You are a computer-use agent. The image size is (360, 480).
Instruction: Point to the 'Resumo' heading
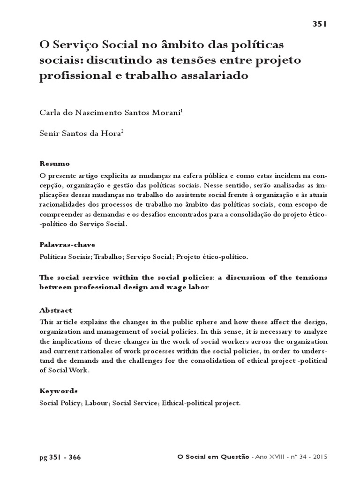tap(55, 164)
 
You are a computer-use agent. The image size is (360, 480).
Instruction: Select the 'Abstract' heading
tap(56, 310)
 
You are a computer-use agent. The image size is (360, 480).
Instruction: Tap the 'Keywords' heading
tap(59, 390)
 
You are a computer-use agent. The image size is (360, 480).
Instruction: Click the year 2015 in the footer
tap(319, 457)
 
